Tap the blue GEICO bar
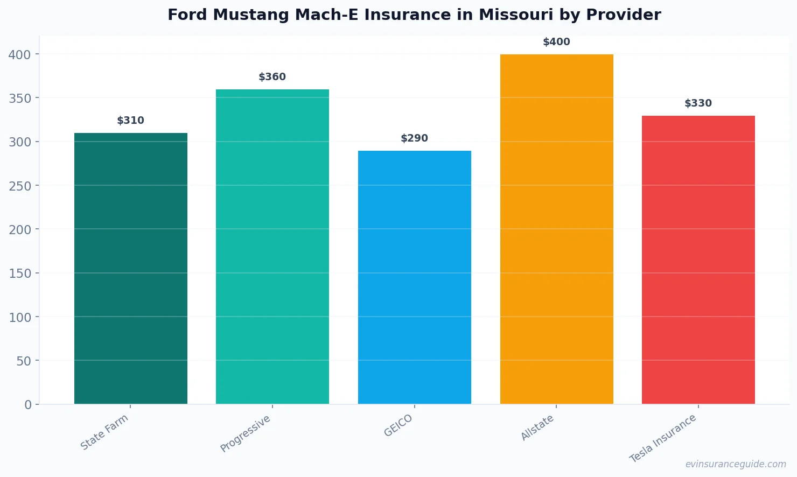(x=415, y=277)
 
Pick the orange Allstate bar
(x=556, y=229)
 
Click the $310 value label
(x=131, y=121)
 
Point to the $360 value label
(x=272, y=77)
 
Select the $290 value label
(x=415, y=138)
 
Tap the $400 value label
(x=556, y=42)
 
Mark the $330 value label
(x=698, y=103)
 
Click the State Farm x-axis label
(x=104, y=432)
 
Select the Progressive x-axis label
(x=246, y=434)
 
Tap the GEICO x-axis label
(x=398, y=426)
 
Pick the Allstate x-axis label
(x=537, y=428)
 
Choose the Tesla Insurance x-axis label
(x=663, y=438)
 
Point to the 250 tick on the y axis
(x=20, y=186)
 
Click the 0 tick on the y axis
(x=28, y=405)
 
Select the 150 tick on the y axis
(x=20, y=273)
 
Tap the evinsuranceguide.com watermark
(x=736, y=464)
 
